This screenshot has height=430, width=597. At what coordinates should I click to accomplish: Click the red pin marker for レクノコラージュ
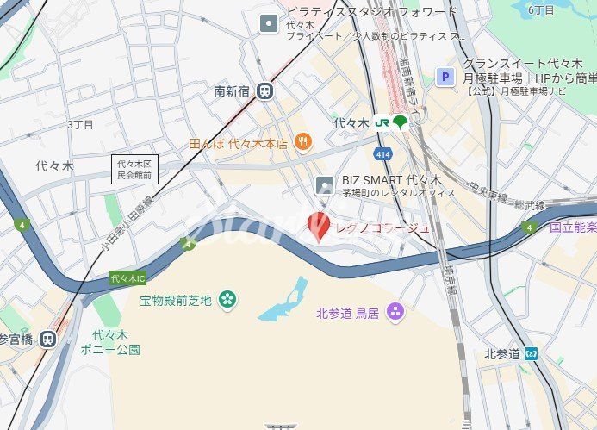pos(318,226)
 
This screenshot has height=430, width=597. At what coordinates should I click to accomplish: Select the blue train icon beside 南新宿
pos(264,90)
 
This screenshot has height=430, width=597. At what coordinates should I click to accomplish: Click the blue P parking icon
pos(445,78)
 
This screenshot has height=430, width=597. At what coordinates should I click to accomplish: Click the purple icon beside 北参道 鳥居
pos(395,311)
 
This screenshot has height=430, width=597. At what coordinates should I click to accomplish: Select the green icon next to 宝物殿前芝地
pos(227,300)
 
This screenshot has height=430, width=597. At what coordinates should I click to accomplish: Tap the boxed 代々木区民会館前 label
pos(134,169)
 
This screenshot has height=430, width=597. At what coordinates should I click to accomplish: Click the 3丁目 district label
pos(80,125)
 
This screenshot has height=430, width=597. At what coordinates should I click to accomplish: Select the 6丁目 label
pos(541,9)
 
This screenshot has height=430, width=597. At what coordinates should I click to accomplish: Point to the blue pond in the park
pos(283,300)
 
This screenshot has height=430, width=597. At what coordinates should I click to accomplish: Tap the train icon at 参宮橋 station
pos(47,339)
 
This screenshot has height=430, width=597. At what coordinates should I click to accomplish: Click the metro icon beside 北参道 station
pos(532,353)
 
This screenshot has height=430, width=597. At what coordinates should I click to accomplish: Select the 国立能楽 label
pos(572,227)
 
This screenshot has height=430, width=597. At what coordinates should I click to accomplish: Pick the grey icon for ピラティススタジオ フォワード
pos(269,23)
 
